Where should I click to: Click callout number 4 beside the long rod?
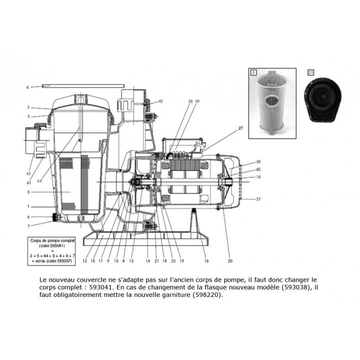tap(27, 87)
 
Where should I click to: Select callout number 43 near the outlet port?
tap(160, 101)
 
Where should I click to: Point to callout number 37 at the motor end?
tap(258, 199)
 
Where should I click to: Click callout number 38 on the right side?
tap(258, 162)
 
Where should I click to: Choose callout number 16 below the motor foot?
tap(206, 260)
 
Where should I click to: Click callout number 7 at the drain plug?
tap(28, 226)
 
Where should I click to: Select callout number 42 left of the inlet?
tap(29, 173)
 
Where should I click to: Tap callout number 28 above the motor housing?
tap(176, 101)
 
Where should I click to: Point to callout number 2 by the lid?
tap(28, 107)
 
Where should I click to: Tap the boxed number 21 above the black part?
tap(311, 72)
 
